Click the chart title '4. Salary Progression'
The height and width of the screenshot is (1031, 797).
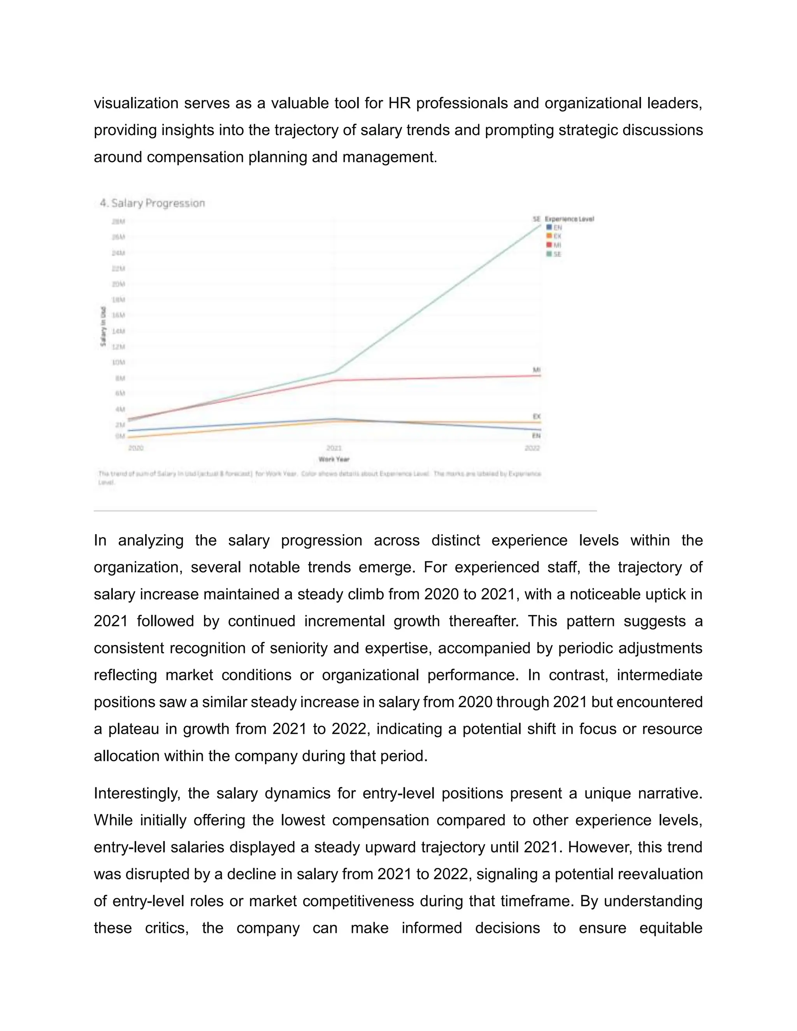tap(152, 203)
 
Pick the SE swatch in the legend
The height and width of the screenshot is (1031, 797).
tap(549, 254)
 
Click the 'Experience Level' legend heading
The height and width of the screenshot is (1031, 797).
tap(569, 219)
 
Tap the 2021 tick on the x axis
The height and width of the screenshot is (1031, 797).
tap(334, 447)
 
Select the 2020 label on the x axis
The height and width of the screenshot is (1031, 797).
tap(135, 447)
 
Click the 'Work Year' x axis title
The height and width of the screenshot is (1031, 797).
tap(334, 459)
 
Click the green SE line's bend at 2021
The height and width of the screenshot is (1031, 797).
tap(334, 372)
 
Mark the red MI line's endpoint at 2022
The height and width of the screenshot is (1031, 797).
tap(540, 375)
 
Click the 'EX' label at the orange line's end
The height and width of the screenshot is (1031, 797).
tap(536, 416)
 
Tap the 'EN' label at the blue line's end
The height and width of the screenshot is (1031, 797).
tap(536, 436)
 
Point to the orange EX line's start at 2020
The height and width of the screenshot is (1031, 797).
tap(129, 437)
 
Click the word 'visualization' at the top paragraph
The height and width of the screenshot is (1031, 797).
tap(136, 103)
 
